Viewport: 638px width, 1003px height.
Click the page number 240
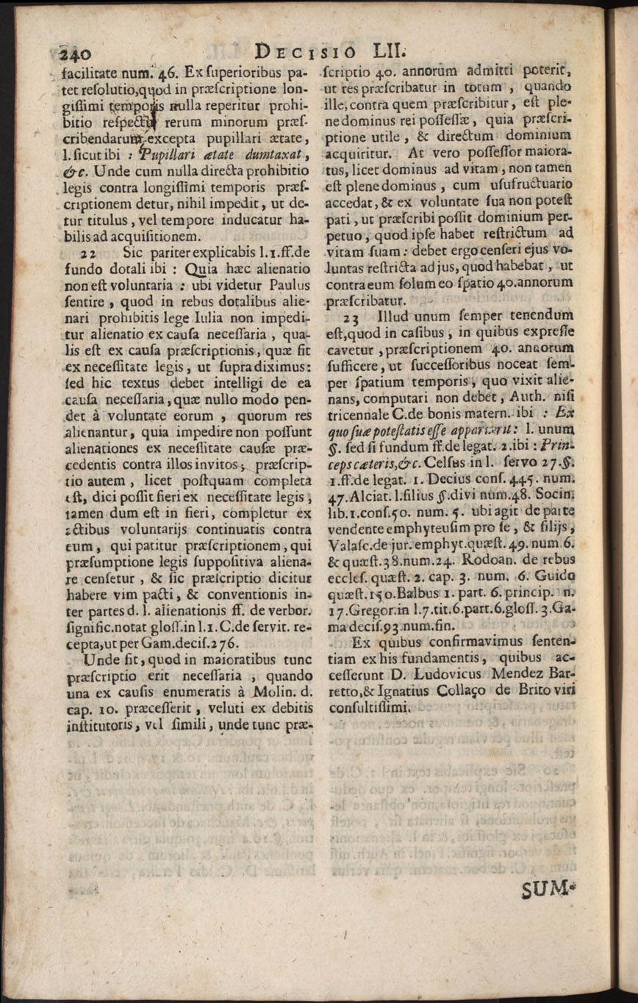pos(74,52)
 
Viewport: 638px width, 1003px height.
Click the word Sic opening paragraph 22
pos(132,253)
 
